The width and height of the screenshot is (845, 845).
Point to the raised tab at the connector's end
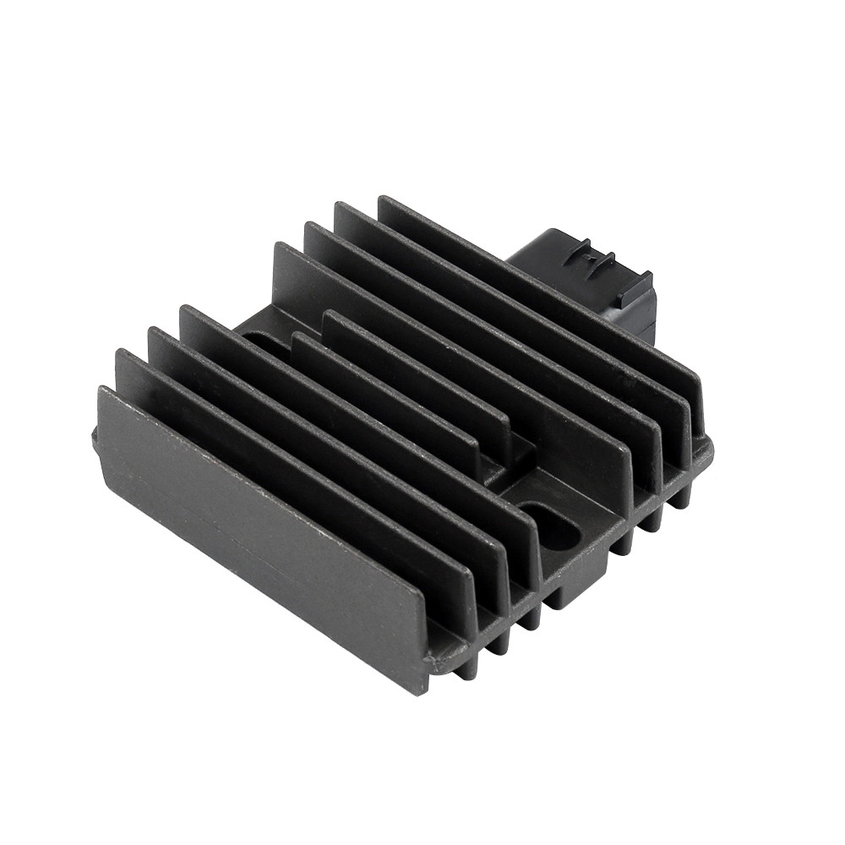(634, 292)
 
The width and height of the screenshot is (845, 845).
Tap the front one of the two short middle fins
(397, 397)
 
